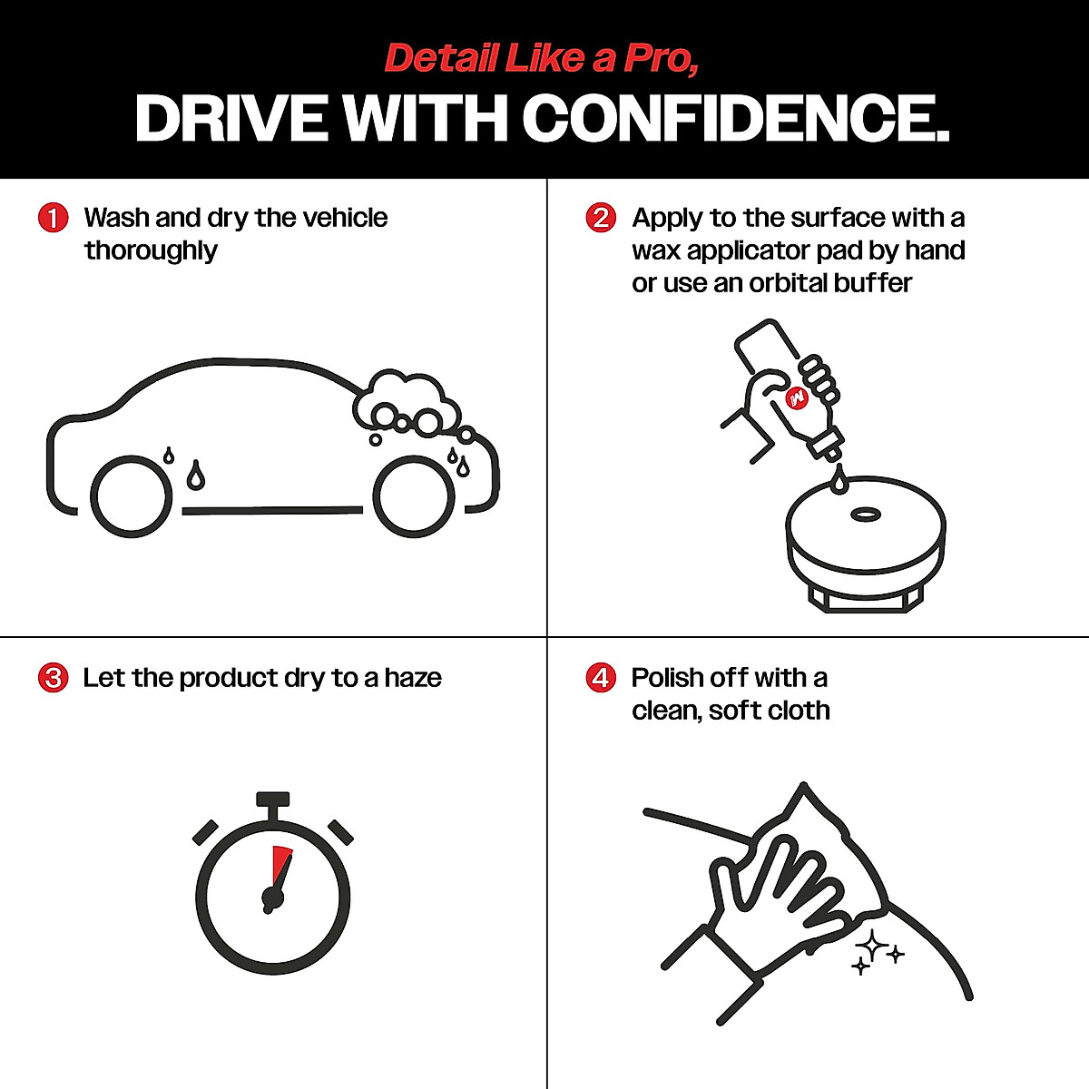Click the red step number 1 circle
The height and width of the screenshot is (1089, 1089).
[x=54, y=219]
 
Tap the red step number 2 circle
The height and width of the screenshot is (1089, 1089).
[x=601, y=219]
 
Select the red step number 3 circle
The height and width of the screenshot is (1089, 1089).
[x=54, y=678]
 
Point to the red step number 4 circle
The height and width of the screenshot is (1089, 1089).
[x=601, y=678]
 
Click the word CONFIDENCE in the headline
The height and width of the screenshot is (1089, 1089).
[x=735, y=119]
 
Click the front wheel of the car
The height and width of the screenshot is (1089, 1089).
[x=414, y=496]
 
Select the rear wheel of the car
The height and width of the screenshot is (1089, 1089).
[x=132, y=497]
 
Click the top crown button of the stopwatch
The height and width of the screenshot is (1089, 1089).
[x=272, y=800]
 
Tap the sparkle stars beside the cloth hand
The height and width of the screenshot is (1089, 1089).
[x=875, y=951]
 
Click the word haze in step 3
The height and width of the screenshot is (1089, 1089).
[x=413, y=678]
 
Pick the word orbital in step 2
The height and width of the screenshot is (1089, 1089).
[x=788, y=283]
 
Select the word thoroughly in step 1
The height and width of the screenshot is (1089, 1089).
[x=151, y=250]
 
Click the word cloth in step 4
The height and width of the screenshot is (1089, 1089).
[x=799, y=711]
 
